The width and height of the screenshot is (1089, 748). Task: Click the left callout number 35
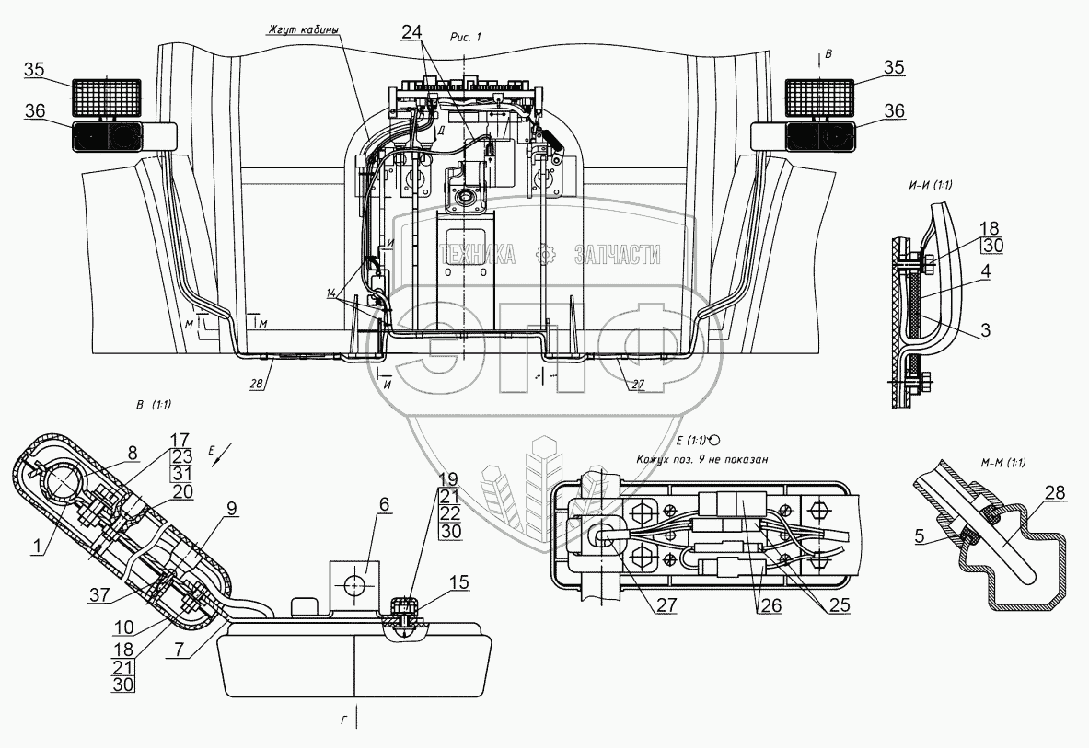pyautogui.click(x=34, y=70)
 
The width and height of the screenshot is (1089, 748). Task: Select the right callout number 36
pyautogui.click(x=893, y=110)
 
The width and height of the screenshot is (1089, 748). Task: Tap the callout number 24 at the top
pyautogui.click(x=411, y=30)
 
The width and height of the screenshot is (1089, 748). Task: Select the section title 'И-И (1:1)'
pyautogui.click(x=929, y=185)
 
